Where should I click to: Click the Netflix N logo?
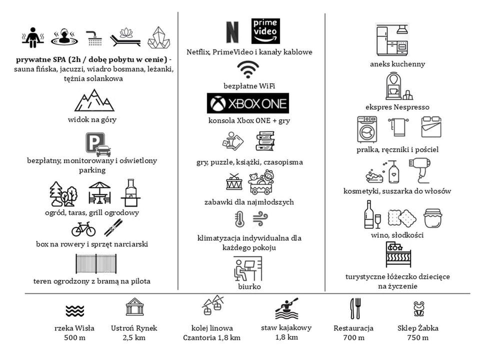pos(232,32)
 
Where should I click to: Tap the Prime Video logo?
pos(265,31)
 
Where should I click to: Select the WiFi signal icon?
pos(248,69)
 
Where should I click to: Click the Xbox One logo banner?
pos(248,103)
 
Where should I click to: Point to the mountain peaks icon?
pos(94,100)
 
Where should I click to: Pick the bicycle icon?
pos(83,229)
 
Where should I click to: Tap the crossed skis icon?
pos(113,228)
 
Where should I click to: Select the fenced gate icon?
pos(96,263)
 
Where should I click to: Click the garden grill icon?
pos(130,192)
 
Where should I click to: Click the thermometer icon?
pos(239,219)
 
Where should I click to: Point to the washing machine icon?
pos(367,129)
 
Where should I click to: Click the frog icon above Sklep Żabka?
pos(418,308)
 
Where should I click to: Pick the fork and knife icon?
pos(355,308)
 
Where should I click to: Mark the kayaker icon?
pos(287,308)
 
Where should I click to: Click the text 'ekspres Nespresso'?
pos(397,107)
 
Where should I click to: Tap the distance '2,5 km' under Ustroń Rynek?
pos(134,338)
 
